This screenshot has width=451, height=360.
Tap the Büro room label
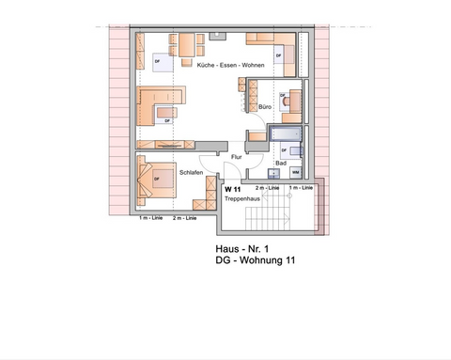tap(265, 108)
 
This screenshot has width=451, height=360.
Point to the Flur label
tap(236, 158)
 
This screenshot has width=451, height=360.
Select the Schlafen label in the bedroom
tap(193, 173)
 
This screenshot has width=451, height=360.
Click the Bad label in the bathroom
tap(280, 163)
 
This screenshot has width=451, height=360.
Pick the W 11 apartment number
tap(232, 190)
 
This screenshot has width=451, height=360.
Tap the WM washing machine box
tap(295, 173)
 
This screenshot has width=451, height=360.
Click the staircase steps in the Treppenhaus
tap(264, 220)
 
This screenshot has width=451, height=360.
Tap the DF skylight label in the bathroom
tap(284, 151)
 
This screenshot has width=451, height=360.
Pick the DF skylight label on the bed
tap(156, 176)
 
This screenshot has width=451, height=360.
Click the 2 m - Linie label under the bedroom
tap(184, 218)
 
